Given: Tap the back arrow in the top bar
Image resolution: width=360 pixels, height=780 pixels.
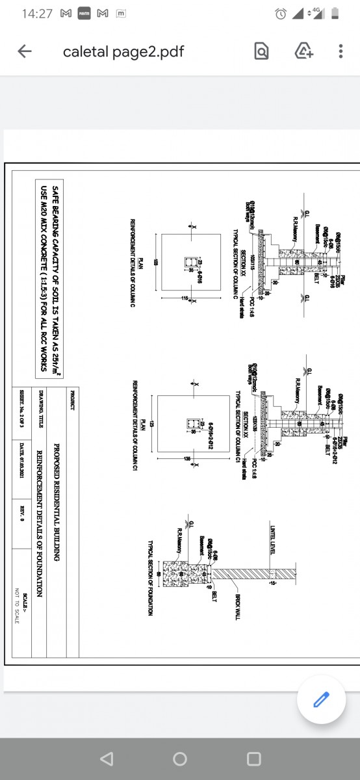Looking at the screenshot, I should [25, 52].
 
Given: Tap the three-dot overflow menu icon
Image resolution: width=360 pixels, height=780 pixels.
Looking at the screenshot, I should [341, 52].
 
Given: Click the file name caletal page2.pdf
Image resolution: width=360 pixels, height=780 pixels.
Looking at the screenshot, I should [123, 52].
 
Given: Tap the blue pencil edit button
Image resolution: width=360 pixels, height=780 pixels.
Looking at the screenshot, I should [320, 699].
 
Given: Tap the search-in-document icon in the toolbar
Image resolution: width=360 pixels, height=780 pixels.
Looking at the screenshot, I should [261, 52].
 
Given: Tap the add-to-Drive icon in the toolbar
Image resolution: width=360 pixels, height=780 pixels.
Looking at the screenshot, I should [303, 52].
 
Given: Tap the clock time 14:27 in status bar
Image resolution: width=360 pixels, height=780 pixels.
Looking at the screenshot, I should [36, 14].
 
